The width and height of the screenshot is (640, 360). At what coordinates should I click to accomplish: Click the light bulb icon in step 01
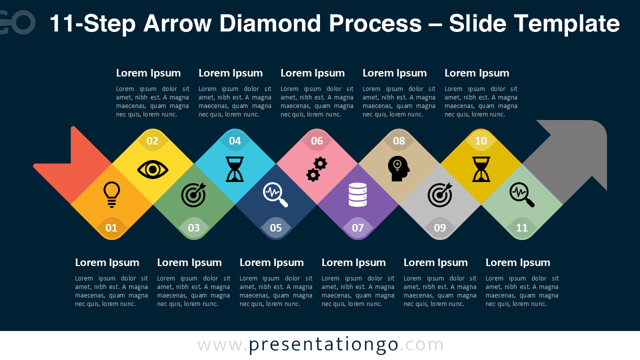coord(111,194)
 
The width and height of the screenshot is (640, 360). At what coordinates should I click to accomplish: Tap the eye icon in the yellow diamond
coord(152,169)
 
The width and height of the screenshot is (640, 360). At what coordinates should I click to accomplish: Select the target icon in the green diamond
coord(193,194)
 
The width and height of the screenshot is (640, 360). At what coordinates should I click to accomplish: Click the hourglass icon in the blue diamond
coord(234,169)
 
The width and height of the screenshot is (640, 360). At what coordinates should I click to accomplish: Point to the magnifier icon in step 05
coord(276,195)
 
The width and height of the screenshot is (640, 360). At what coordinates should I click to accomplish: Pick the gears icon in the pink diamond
coord(316,169)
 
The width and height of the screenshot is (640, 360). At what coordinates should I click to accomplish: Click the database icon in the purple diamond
coord(358,194)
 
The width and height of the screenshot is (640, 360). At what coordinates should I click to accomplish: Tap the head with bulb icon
coord(398,169)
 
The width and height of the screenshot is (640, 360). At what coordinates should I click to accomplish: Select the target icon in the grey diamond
coord(440,194)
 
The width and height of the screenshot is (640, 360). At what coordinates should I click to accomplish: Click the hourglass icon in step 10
coord(481,169)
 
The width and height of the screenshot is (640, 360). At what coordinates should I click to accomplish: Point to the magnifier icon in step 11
coord(522,195)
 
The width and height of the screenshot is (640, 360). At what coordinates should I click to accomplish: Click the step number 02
coord(152,141)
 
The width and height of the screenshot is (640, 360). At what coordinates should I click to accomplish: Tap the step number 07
coord(358,228)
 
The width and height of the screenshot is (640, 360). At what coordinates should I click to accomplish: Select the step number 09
coord(440,228)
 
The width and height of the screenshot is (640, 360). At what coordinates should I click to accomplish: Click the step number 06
coord(317,141)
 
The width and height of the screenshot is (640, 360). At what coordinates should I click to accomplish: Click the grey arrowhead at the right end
coord(575,150)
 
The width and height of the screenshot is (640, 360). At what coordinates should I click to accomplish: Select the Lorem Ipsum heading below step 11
coord(517,262)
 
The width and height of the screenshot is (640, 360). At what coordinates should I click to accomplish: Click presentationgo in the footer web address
coord(323,344)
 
